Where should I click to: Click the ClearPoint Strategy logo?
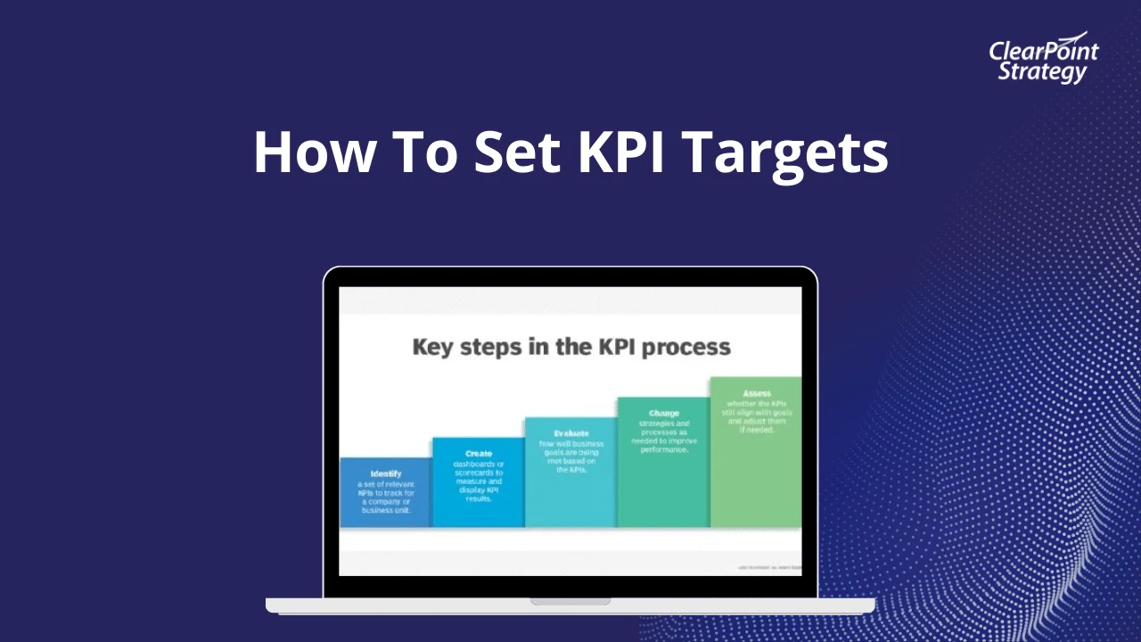1043,60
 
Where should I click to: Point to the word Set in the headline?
516,152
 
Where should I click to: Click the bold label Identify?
386,473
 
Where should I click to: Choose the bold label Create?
479,454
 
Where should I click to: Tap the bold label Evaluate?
571,433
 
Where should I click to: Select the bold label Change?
664,413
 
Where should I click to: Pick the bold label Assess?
757,393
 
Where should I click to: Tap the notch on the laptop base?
570,602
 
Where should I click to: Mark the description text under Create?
479,481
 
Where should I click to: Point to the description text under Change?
664,436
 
